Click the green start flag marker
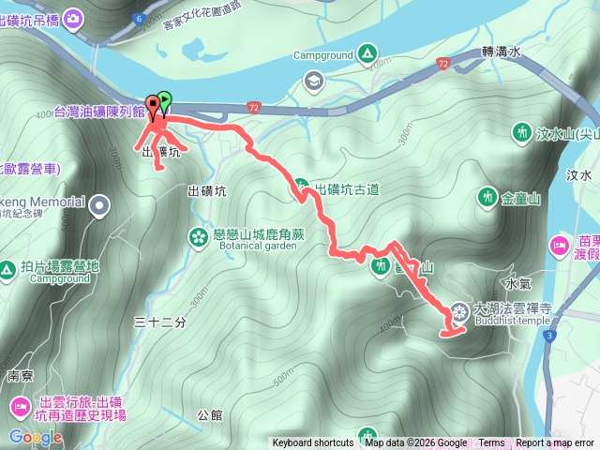pos(165,97)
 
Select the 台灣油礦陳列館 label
pos(98,112)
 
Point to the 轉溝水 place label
pos(500,52)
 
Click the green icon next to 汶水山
pos(520,133)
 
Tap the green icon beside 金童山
pos(487,197)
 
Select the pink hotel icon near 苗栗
pos(560,246)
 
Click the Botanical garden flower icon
pos(199,235)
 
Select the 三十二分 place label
pos(161,322)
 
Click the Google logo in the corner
pos(36,437)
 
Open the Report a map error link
pos(555,443)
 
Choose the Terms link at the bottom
pos(491,443)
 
